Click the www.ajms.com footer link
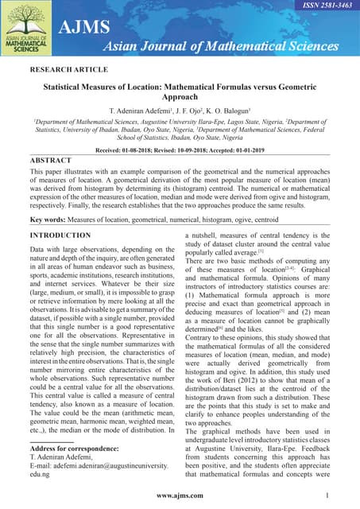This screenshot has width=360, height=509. click(x=179, y=495)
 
